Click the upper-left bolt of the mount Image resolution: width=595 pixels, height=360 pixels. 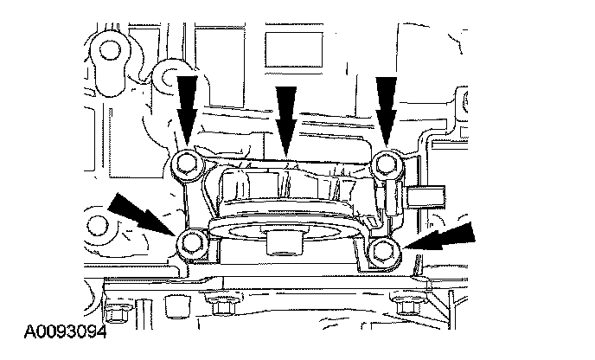(x=187, y=164)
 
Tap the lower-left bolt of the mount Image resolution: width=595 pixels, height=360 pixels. (x=193, y=243)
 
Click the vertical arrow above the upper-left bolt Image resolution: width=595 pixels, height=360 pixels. (x=187, y=111)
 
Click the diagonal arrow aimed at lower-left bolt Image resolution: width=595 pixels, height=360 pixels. (x=142, y=214)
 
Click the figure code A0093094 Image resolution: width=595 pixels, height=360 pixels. (x=65, y=332)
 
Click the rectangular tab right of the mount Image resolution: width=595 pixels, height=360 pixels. (x=425, y=196)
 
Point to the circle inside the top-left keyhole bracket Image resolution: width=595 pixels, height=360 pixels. (x=111, y=48)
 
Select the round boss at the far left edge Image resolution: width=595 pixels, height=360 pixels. (x=98, y=227)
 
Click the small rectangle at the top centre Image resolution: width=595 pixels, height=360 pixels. (x=294, y=49)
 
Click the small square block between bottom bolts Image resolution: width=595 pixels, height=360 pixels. (x=176, y=306)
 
